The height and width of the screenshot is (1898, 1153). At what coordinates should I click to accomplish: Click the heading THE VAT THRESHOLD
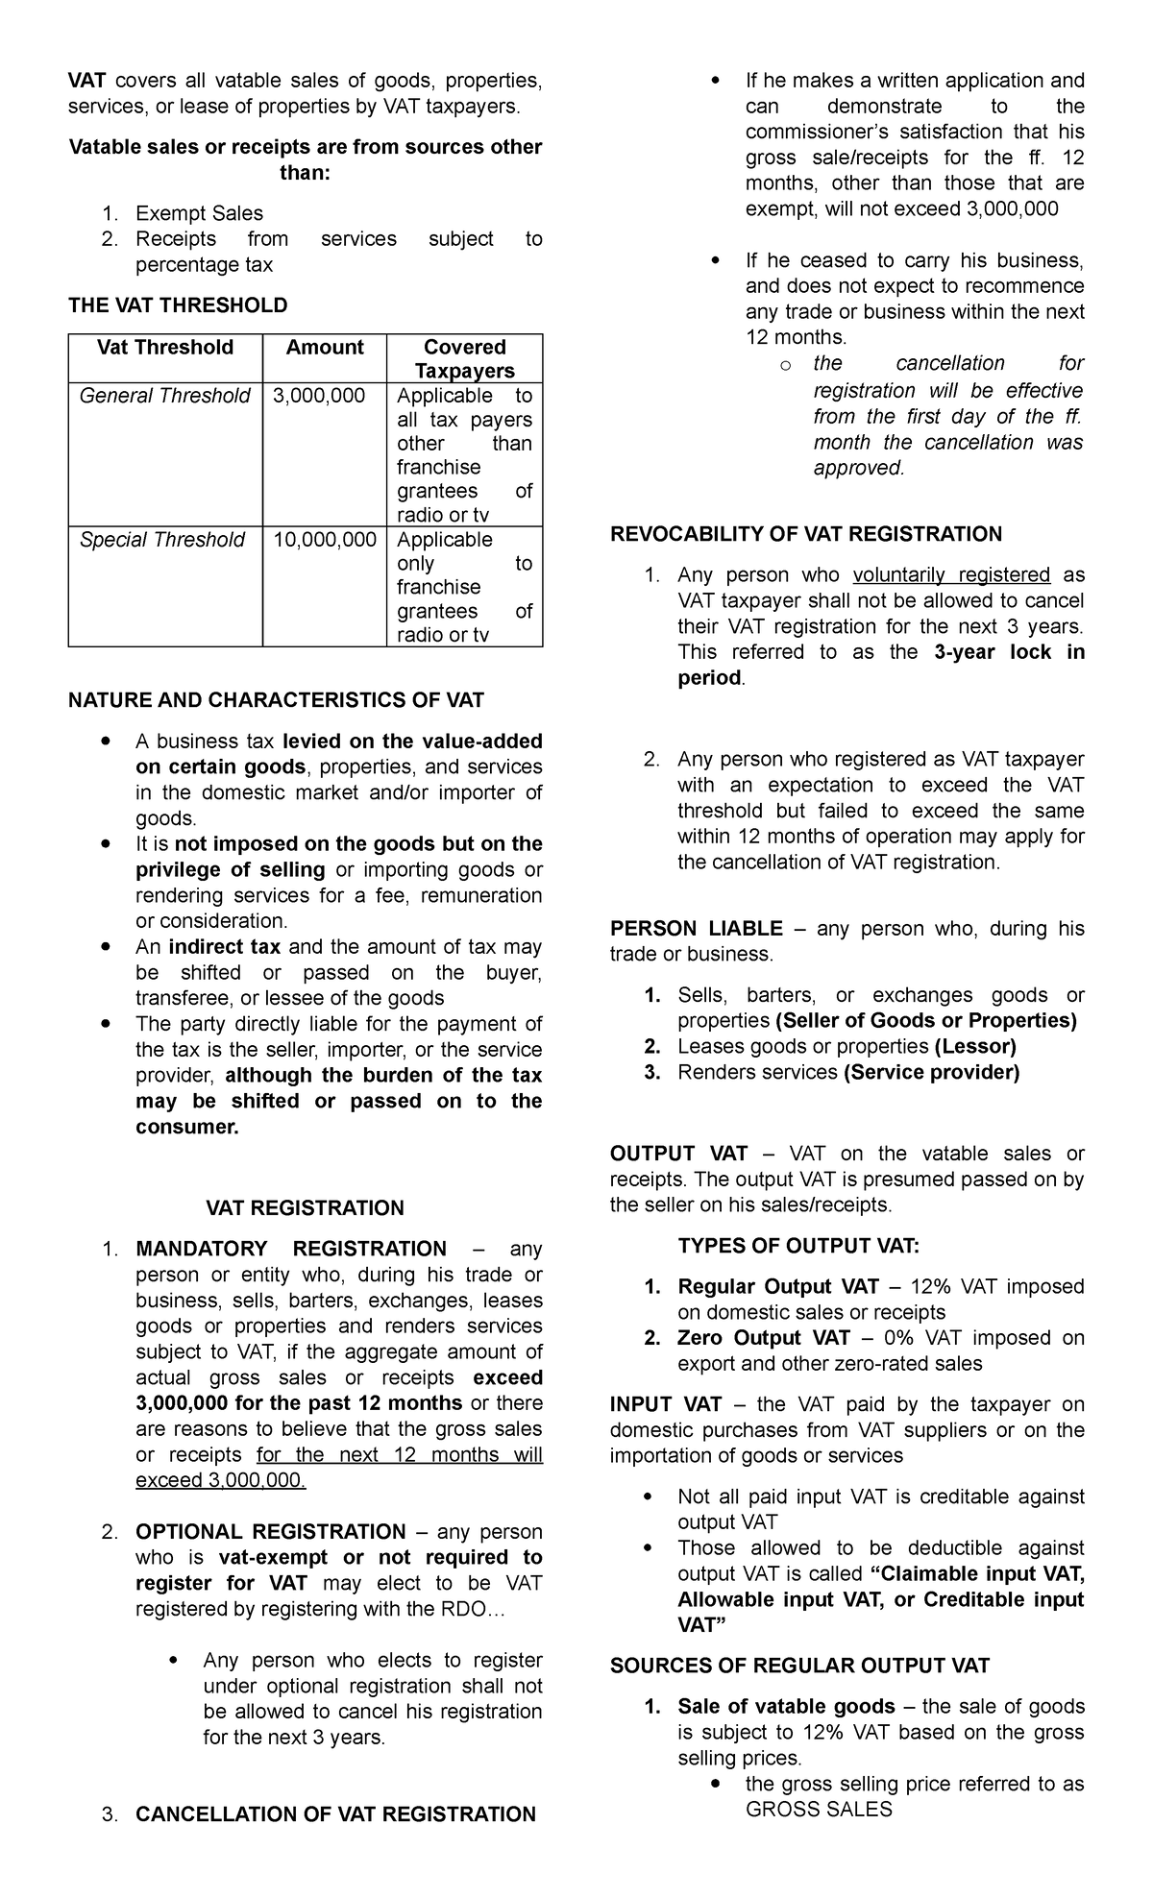click(178, 305)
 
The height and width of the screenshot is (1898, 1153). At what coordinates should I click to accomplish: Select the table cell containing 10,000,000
click(325, 540)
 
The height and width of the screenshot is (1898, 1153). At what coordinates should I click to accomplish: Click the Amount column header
click(325, 348)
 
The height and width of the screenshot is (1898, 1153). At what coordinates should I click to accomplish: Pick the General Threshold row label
click(164, 396)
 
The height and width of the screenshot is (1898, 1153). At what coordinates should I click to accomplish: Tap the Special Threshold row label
click(162, 540)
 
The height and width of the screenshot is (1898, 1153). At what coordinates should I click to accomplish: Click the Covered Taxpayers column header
click(464, 359)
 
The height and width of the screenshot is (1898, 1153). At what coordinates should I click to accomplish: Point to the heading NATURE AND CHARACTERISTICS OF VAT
click(276, 699)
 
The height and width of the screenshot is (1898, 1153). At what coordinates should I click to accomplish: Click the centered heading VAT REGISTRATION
click(306, 1207)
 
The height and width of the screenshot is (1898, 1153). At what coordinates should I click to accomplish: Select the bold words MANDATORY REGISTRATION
click(291, 1249)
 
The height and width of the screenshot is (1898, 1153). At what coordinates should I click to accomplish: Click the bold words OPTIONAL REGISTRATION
click(271, 1531)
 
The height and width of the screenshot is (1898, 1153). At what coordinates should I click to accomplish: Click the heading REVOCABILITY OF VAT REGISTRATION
click(806, 534)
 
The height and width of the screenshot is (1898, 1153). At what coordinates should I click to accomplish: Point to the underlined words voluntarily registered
click(951, 574)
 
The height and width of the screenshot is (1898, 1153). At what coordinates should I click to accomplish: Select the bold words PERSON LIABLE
click(697, 928)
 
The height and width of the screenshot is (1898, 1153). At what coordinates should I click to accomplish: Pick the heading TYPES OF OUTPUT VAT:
click(798, 1246)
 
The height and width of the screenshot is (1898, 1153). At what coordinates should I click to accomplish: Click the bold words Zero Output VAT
click(764, 1338)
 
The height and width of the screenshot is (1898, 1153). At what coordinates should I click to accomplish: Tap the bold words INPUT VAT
click(666, 1404)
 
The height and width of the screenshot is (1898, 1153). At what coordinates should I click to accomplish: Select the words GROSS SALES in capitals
click(819, 1810)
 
